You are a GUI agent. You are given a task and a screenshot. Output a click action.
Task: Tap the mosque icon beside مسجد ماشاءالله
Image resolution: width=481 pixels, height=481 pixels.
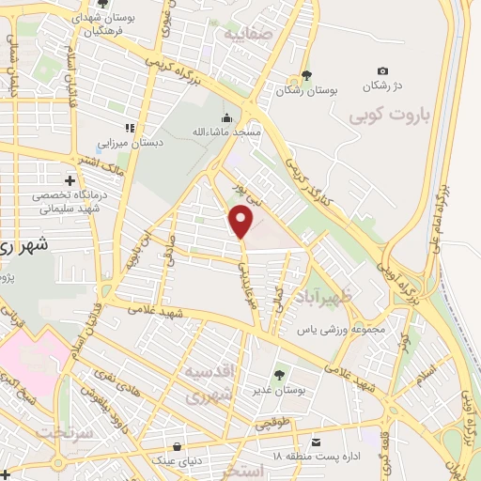pos(225,118)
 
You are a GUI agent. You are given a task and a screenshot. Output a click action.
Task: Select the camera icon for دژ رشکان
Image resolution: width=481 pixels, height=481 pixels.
pos(381,71)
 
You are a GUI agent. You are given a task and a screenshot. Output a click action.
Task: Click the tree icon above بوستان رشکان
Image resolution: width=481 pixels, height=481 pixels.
pos(305,77)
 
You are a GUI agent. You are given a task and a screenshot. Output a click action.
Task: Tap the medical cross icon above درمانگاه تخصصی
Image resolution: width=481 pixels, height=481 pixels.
pos(70,179)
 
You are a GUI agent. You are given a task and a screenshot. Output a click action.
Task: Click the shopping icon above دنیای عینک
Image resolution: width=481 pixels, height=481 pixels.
pos(178,445)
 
